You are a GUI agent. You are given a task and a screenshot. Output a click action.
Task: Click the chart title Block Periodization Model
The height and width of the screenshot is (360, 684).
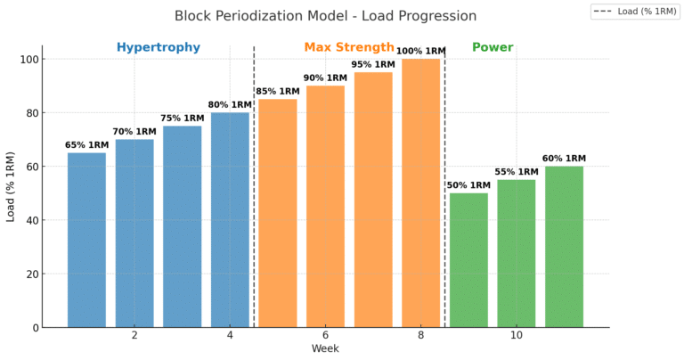point(325,16)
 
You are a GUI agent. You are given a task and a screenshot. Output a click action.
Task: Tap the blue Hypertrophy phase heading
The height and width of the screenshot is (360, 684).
point(158,47)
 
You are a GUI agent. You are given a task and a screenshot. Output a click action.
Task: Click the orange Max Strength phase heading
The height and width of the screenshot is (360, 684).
point(348,47)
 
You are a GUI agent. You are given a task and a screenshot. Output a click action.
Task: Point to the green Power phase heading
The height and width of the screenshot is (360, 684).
point(493,47)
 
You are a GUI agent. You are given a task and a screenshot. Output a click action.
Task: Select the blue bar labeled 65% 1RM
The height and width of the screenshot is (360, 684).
point(86,240)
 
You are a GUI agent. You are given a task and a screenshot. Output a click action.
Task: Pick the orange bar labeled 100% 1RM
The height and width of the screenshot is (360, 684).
point(420,192)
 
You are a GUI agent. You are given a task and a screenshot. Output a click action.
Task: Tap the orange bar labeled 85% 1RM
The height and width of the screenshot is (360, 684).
point(278,213)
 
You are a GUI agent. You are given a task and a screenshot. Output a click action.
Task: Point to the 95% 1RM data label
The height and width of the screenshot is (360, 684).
point(373,64)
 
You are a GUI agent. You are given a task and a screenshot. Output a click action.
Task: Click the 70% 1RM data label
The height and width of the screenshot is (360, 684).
point(134,131)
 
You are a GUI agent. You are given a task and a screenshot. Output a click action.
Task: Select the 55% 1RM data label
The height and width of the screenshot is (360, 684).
point(517,171)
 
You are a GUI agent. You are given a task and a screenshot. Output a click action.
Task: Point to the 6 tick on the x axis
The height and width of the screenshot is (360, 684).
point(325,335)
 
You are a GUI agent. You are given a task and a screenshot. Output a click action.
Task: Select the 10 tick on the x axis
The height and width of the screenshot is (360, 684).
point(517,335)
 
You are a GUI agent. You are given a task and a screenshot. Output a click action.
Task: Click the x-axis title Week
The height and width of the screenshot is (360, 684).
point(325,348)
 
